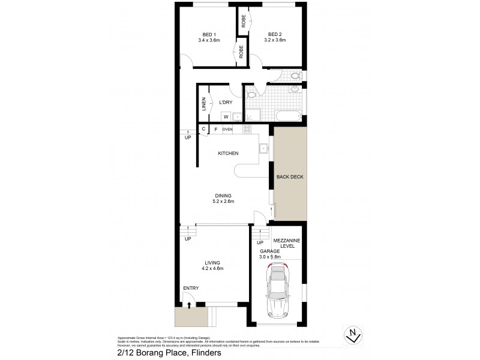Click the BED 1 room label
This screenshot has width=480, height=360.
tap(209, 34)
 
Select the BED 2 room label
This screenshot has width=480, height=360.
tap(275, 34)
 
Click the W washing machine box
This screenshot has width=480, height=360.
tap(226, 117)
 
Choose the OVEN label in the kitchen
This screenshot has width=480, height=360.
tap(227, 129)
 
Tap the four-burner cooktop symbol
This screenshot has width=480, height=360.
tap(245, 130)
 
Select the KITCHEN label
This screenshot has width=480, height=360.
tap(228, 153)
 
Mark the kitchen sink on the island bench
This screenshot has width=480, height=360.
tap(263, 147)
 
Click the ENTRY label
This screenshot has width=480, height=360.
tap(191, 289)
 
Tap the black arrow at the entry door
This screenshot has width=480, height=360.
tap(190, 305)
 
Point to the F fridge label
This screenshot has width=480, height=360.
tap(215, 129)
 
